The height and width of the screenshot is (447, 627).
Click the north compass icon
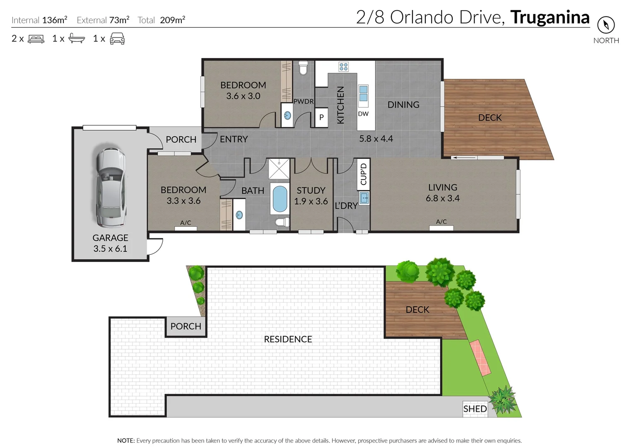605,25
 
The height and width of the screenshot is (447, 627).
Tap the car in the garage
110,187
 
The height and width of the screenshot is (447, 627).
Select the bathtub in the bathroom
280,199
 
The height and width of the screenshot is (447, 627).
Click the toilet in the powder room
303,67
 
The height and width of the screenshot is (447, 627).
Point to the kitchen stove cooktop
343,67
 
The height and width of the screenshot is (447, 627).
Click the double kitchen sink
363,94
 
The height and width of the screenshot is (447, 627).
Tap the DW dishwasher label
363,114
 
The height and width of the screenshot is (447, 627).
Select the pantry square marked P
321,118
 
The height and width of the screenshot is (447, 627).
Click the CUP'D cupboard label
364,174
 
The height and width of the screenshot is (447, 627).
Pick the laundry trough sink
364,198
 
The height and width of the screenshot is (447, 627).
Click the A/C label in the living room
441,222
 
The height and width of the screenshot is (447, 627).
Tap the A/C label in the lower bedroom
186,223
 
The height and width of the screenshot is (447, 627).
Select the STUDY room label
311,190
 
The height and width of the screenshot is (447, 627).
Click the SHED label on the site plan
475,409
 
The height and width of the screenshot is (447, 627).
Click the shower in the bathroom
279,168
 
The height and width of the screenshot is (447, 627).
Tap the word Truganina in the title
550,17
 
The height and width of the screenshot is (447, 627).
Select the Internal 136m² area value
54,20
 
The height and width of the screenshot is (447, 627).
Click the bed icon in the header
36,39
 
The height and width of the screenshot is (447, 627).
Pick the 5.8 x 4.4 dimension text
376,139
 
